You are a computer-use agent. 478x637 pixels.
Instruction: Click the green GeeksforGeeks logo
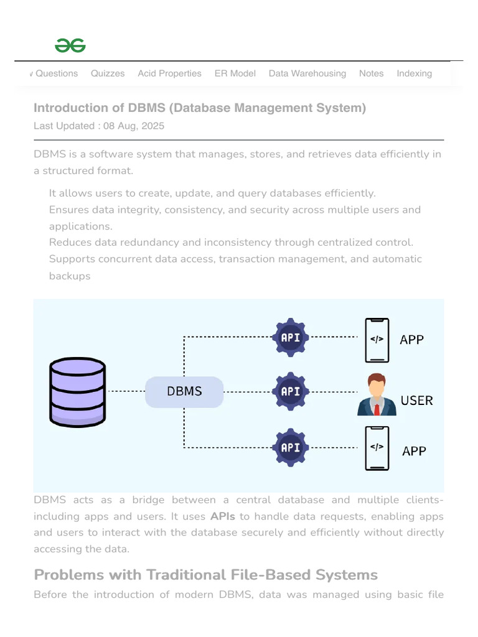pos(70,45)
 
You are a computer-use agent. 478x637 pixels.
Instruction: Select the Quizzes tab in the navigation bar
pos(108,73)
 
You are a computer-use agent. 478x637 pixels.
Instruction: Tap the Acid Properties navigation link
pos(169,73)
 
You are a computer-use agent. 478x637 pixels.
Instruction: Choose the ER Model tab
pos(235,73)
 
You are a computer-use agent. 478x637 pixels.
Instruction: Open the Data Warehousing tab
pos(307,73)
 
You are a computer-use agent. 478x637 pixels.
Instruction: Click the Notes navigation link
pos(371,73)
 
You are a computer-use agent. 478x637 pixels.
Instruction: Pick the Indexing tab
pos(414,73)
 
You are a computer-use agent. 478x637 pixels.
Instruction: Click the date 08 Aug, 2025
pos(134,126)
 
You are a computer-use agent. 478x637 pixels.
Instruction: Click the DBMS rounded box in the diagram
pos(184,391)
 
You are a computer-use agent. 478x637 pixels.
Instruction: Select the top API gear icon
pos(291,338)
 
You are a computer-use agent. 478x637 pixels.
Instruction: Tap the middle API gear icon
pos(291,392)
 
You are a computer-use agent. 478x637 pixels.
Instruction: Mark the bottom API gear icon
pos(291,447)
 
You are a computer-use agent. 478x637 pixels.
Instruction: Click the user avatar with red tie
pos(377,394)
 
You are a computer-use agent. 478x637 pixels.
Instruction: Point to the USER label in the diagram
pos(416,400)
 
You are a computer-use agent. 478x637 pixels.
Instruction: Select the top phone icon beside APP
pos(377,340)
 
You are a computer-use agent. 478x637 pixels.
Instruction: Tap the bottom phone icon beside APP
pos(377,448)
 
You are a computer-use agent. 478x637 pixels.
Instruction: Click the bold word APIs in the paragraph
pos(223,516)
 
